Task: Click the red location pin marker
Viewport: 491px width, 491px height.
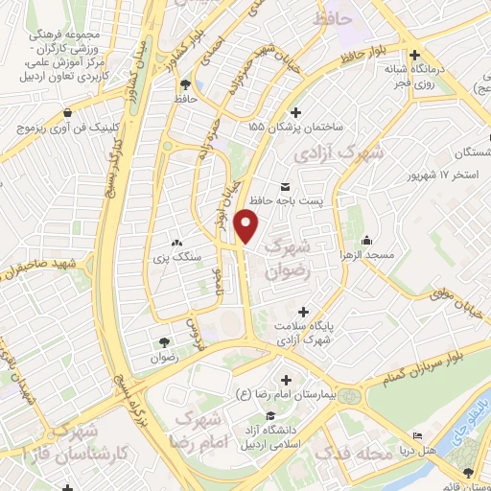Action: click(247, 225)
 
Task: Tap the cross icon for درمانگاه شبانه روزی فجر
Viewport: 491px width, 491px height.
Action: click(414, 55)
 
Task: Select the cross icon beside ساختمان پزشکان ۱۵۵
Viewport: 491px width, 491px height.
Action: click(293, 111)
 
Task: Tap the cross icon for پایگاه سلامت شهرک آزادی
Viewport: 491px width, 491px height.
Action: click(304, 312)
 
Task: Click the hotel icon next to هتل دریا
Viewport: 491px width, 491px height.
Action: click(417, 436)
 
